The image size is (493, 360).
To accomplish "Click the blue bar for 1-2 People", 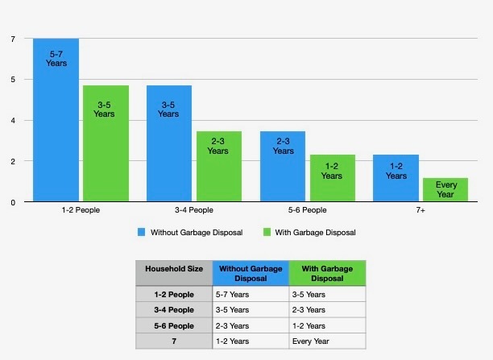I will coord(56,120).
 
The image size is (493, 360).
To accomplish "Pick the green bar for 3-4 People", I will coord(218,167).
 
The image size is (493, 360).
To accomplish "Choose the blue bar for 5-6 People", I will coord(282,167).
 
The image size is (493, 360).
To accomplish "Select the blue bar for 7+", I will coord(396,178).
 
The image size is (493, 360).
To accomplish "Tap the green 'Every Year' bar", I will coord(445,190).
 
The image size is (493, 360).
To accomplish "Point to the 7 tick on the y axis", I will coord(13,39).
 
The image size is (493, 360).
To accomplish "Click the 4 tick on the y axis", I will coord(13,121).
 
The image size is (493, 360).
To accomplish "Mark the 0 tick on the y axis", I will coord(13,202).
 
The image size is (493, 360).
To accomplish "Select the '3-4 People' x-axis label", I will coord(193,211).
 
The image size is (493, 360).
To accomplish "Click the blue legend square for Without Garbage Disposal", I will coord(140,232).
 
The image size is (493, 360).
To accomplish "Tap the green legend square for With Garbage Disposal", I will coord(268,232).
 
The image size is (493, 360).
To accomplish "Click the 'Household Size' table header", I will coord(173,269).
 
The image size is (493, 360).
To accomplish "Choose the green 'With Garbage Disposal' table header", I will coord(326,272).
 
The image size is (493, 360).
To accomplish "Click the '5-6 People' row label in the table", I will coord(173,325).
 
